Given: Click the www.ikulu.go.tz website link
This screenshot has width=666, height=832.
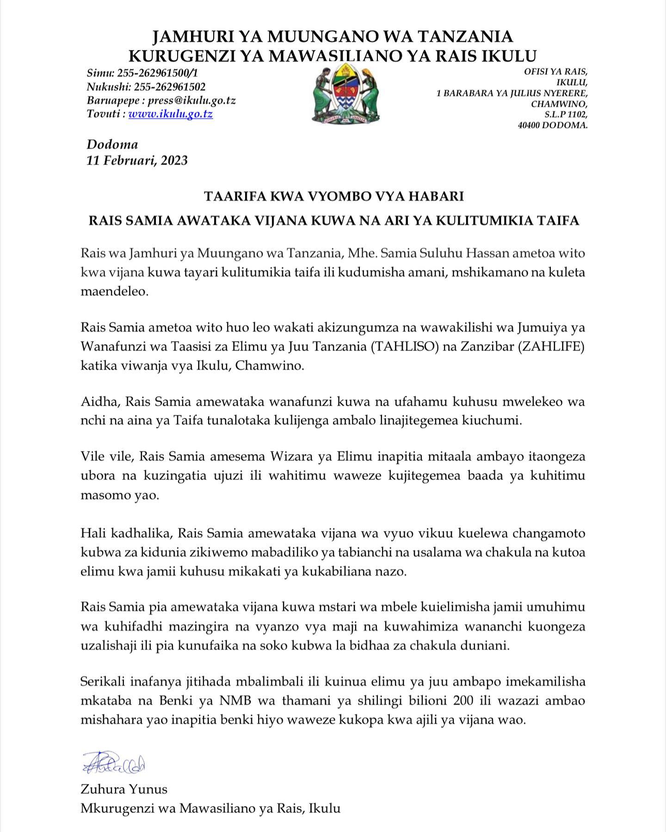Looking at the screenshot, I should [170, 114].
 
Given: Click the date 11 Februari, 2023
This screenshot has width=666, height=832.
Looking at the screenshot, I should [137, 160].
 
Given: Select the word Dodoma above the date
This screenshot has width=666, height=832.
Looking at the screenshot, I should [112, 144].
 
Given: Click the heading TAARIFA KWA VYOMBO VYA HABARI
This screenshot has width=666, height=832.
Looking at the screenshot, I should [333, 196].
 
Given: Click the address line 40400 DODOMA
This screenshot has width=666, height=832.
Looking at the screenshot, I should [553, 125].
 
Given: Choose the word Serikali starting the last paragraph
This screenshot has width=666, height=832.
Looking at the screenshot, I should [104, 681].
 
